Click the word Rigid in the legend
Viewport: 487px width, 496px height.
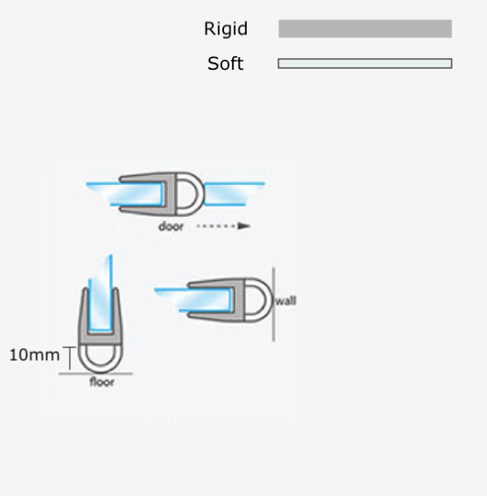coord(226,29)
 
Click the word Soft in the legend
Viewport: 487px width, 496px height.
coord(225,63)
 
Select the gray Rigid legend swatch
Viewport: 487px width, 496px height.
coord(365,29)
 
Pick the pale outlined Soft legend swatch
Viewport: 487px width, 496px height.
coord(365,63)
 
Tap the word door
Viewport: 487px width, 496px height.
coord(170,226)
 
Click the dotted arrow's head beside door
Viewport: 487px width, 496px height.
coord(244,226)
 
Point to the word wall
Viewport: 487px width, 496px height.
coord(286,300)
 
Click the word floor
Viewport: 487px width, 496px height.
coord(102,382)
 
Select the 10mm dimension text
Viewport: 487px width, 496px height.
coord(34,355)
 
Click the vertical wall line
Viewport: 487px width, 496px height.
coord(273,305)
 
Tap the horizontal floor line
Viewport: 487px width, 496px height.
coord(95,374)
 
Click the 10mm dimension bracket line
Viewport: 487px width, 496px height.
coord(70,358)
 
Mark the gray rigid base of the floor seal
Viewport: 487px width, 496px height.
coord(101,338)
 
